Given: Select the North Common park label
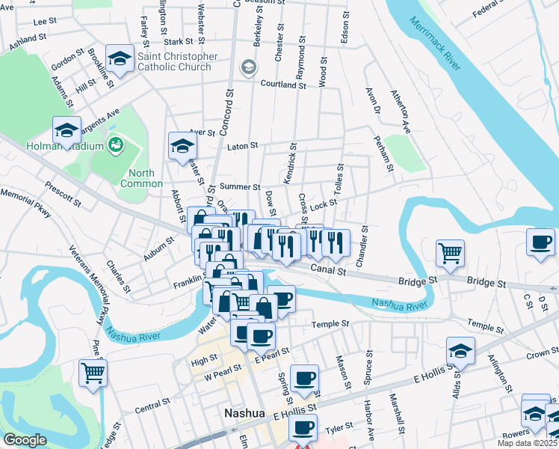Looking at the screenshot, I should point(141,178).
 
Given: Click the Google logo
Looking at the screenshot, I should point(25,440).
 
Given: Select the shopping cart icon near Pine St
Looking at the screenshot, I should point(93,372).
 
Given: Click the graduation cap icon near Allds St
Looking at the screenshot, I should point(460,350).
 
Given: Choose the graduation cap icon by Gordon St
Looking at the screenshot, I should point(120,57).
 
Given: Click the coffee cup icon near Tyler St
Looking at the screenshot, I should point(303,427).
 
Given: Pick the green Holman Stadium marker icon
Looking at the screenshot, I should point(115,144).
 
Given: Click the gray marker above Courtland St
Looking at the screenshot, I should point(247,68).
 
